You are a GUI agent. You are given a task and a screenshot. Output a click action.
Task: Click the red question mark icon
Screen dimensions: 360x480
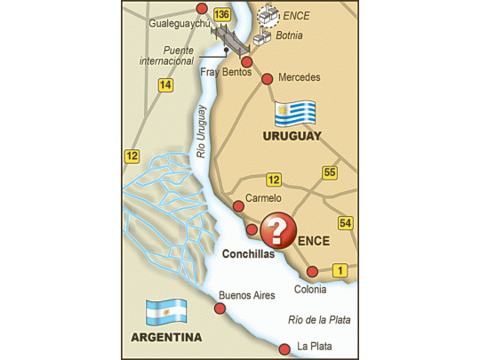(x=278, y=231)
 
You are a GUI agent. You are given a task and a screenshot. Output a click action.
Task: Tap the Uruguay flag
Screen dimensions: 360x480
(x=295, y=114)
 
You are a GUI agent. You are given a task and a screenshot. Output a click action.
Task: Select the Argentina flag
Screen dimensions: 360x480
(x=166, y=311)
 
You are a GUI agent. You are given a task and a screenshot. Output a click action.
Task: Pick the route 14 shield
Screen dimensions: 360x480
(x=164, y=85)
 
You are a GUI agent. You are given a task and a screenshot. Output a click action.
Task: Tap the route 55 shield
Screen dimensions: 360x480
(x=330, y=172)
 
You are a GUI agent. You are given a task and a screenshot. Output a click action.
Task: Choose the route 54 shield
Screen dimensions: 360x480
(x=345, y=222)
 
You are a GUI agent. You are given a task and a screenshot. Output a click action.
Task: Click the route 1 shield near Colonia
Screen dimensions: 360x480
(x=340, y=270)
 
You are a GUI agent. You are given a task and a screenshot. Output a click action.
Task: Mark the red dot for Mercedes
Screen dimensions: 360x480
(x=268, y=78)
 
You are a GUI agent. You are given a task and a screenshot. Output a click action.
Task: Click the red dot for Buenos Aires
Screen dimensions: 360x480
(x=220, y=308)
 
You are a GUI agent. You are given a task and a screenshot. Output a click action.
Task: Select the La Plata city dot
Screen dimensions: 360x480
(x=284, y=348)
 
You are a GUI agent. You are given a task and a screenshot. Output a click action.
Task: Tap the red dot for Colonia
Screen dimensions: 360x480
(x=312, y=272)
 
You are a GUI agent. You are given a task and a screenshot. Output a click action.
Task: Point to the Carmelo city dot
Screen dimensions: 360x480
(x=238, y=206)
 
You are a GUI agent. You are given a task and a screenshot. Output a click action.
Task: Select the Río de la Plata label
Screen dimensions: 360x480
(x=321, y=321)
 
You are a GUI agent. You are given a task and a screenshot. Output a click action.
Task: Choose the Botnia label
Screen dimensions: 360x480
(x=290, y=36)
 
